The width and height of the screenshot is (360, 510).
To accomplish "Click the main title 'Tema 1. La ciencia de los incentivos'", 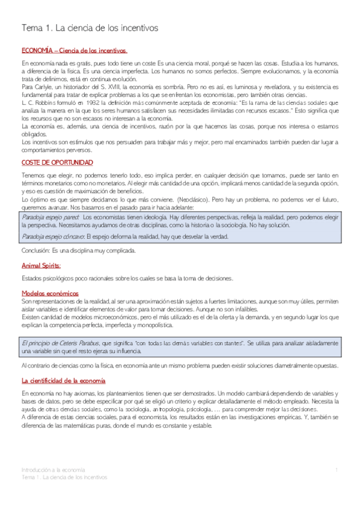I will (x=90, y=28).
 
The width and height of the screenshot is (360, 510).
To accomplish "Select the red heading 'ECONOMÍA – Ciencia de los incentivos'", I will (x=74, y=51).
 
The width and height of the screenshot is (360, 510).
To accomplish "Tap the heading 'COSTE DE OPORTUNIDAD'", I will (x=57, y=162).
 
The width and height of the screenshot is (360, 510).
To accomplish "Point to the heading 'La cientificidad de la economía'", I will (x=63, y=364).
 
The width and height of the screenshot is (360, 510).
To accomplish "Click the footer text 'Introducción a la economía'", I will (x=53, y=469).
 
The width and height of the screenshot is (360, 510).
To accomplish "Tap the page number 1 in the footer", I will (x=337, y=469).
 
